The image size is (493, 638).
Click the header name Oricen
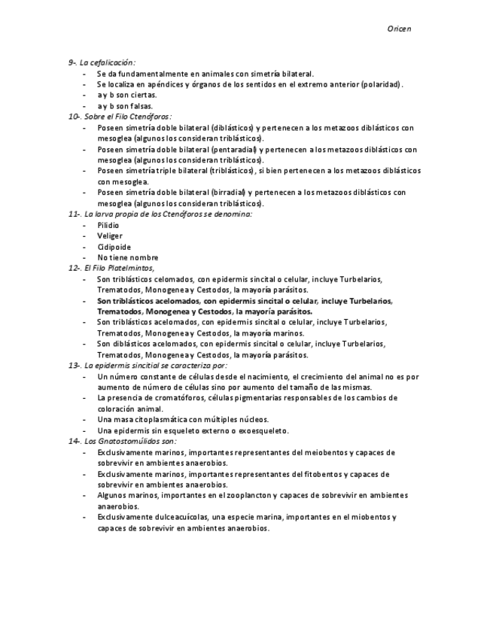pyautogui.click(x=399, y=28)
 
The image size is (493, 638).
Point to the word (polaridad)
pyautogui.click(x=382, y=84)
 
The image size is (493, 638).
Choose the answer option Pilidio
pyautogui.click(x=108, y=225)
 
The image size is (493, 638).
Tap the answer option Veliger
pyautogui.click(x=110, y=235)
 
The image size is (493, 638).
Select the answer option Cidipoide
pyautogui.click(x=114, y=247)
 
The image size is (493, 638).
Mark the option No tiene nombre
pyautogui.click(x=127, y=257)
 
